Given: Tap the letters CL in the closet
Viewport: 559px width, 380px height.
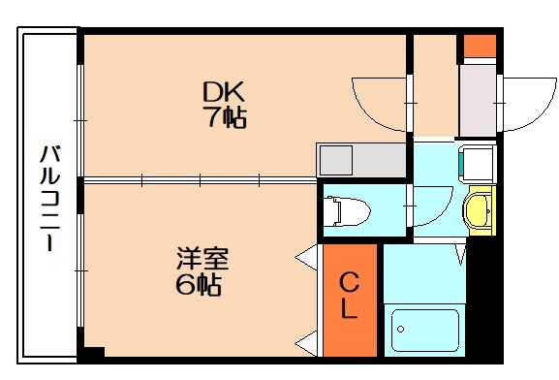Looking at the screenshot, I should point(350,298).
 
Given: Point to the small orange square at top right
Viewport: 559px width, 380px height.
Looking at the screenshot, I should point(479,46).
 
